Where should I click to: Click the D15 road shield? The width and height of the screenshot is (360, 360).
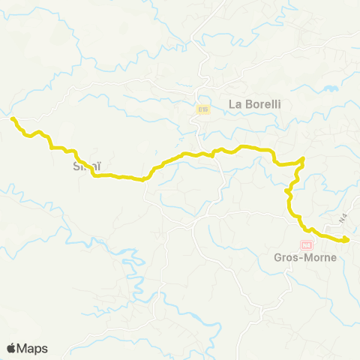(x=202, y=109)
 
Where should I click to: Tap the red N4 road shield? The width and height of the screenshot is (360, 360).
(x=306, y=244)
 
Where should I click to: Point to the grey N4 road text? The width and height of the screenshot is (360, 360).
(x=343, y=219)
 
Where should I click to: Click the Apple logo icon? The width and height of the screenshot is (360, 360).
(x=11, y=348)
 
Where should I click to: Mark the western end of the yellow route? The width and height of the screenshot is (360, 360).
(x=11, y=118)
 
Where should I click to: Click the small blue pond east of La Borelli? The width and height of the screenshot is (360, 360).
(x=330, y=89)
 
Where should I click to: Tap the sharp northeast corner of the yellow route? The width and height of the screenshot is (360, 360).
(x=303, y=158)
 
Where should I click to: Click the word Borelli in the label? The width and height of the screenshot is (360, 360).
(x=260, y=105)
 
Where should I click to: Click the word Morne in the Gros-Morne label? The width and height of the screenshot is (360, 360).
(x=317, y=256)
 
